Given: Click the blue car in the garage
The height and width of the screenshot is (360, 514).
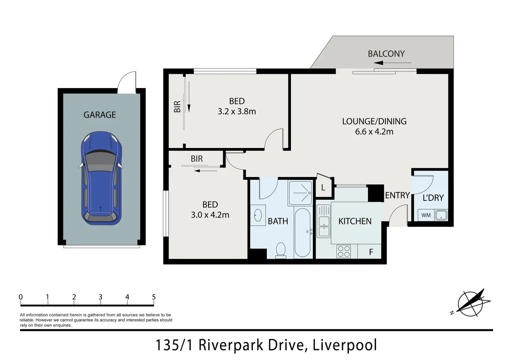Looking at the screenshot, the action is (x=101, y=178).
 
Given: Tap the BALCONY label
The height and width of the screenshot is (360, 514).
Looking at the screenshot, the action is (x=386, y=54).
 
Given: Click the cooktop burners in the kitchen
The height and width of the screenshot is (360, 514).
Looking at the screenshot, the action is (x=344, y=251).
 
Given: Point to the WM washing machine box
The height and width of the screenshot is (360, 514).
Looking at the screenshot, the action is (x=426, y=215).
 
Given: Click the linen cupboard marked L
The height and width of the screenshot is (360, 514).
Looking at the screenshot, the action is (x=324, y=188).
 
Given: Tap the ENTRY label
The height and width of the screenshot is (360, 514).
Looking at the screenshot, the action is (x=397, y=195).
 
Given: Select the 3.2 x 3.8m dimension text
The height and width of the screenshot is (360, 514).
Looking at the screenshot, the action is (x=237, y=111).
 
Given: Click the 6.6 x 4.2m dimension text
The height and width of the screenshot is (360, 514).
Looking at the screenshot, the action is (x=374, y=132).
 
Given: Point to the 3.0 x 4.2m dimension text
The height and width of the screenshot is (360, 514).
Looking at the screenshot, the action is (x=210, y=215).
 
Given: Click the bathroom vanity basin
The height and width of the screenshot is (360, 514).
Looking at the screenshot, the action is (x=258, y=215).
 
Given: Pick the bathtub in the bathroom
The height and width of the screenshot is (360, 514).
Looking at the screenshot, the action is (x=302, y=233).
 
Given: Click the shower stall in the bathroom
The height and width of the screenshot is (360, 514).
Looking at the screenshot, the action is (x=300, y=193).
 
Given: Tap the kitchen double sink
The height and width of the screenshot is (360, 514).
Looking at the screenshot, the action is (x=324, y=221).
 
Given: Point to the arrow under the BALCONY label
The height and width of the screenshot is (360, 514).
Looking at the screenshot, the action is (x=392, y=63).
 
